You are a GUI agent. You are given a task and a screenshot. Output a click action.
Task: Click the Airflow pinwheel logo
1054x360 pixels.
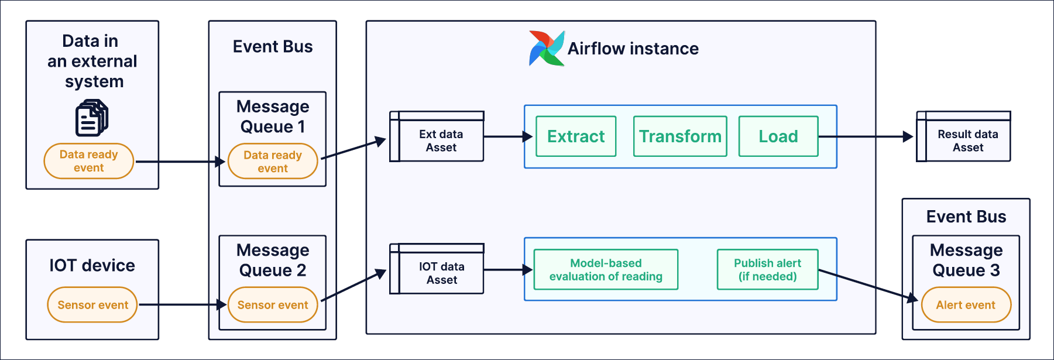[x=546, y=48]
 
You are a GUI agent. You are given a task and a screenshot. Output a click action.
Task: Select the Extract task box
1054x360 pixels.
[x=576, y=136]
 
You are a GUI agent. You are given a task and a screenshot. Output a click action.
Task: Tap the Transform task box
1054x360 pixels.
[x=680, y=136]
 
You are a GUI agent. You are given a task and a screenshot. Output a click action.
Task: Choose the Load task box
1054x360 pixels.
[x=778, y=136]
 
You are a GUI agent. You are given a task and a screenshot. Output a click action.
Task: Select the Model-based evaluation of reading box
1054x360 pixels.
[x=606, y=270]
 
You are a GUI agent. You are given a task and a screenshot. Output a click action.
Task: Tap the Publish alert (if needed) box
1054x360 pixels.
[x=767, y=270]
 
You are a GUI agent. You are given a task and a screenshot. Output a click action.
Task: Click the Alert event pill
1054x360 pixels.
[x=966, y=305]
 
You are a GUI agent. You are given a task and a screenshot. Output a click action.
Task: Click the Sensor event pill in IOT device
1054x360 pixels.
[x=92, y=305]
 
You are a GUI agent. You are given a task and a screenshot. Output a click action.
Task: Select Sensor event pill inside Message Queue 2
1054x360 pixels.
[x=273, y=305]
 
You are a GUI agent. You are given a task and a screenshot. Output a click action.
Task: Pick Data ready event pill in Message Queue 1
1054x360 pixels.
[x=273, y=162]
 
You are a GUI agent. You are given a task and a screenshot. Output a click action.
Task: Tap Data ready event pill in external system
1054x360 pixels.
[x=89, y=161]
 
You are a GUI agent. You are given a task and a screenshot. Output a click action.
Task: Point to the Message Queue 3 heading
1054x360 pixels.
[x=966, y=260]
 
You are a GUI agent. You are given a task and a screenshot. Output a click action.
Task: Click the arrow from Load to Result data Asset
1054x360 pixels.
[x=866, y=137]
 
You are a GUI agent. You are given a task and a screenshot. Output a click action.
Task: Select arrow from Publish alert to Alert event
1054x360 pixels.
[x=866, y=285]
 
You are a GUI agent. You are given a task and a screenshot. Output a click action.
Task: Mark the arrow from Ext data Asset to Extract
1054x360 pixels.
[x=507, y=137]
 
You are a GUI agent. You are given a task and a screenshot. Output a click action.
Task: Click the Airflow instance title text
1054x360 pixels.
[x=633, y=49]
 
